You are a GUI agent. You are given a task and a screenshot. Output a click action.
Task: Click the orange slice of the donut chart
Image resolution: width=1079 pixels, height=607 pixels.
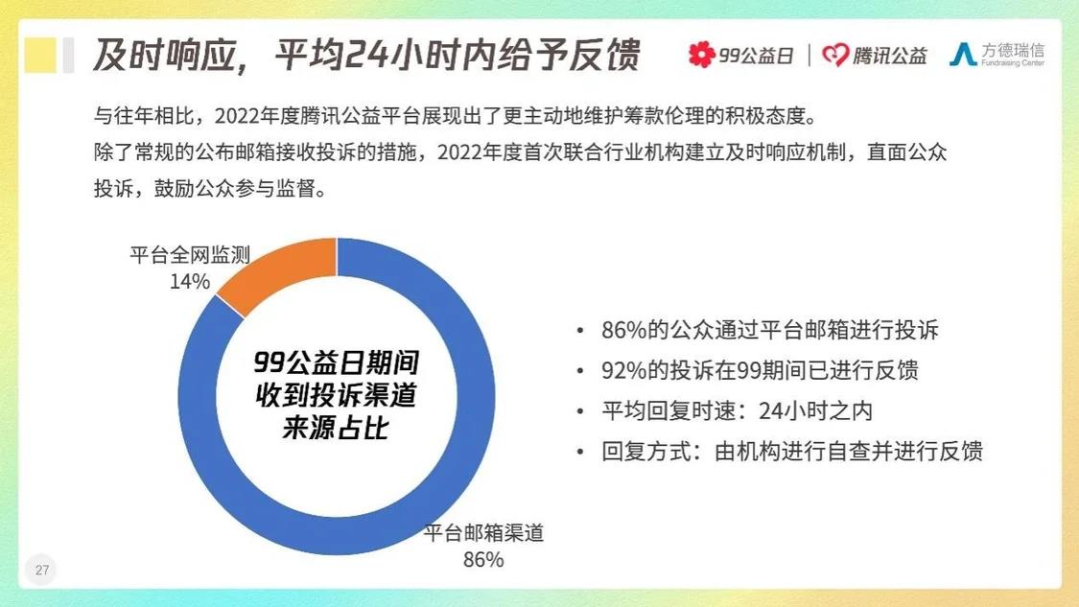coord(282,270)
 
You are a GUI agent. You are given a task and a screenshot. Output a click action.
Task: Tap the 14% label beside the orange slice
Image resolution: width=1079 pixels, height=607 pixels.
coord(190,282)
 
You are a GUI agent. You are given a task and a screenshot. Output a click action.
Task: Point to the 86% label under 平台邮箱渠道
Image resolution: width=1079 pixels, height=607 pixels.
coord(483,559)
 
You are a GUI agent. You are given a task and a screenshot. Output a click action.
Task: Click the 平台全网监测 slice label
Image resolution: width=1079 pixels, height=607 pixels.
coord(190,255)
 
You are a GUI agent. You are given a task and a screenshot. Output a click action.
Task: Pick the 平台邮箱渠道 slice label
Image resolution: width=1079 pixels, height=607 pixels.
coord(483,532)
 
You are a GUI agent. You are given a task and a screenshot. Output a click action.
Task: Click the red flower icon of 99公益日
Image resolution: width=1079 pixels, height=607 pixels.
coord(702,55)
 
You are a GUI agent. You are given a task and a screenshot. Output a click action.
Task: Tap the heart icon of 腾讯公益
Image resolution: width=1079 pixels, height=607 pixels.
coord(835,55)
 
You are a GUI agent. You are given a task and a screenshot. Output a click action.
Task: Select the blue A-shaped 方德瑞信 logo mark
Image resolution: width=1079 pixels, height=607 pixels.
coord(963,55)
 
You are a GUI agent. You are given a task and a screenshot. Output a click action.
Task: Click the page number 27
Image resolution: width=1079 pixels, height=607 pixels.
coord(42,570)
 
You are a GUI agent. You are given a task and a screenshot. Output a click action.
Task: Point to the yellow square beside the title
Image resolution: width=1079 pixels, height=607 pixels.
coord(40,55)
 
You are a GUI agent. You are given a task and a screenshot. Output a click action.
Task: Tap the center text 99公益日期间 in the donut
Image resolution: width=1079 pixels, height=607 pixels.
coord(336,362)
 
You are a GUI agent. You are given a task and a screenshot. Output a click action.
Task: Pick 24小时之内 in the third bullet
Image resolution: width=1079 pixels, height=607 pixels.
coord(815,410)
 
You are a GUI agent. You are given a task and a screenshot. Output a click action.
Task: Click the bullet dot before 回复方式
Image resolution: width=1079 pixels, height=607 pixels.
coord(581,453)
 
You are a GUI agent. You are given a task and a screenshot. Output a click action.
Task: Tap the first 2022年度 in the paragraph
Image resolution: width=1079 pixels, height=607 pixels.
coord(247,116)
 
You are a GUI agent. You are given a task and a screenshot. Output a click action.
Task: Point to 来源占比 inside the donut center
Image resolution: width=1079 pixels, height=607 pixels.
coord(336,428)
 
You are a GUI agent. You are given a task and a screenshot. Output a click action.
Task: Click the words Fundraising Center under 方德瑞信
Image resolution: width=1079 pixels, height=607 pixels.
coord(1012,63)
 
